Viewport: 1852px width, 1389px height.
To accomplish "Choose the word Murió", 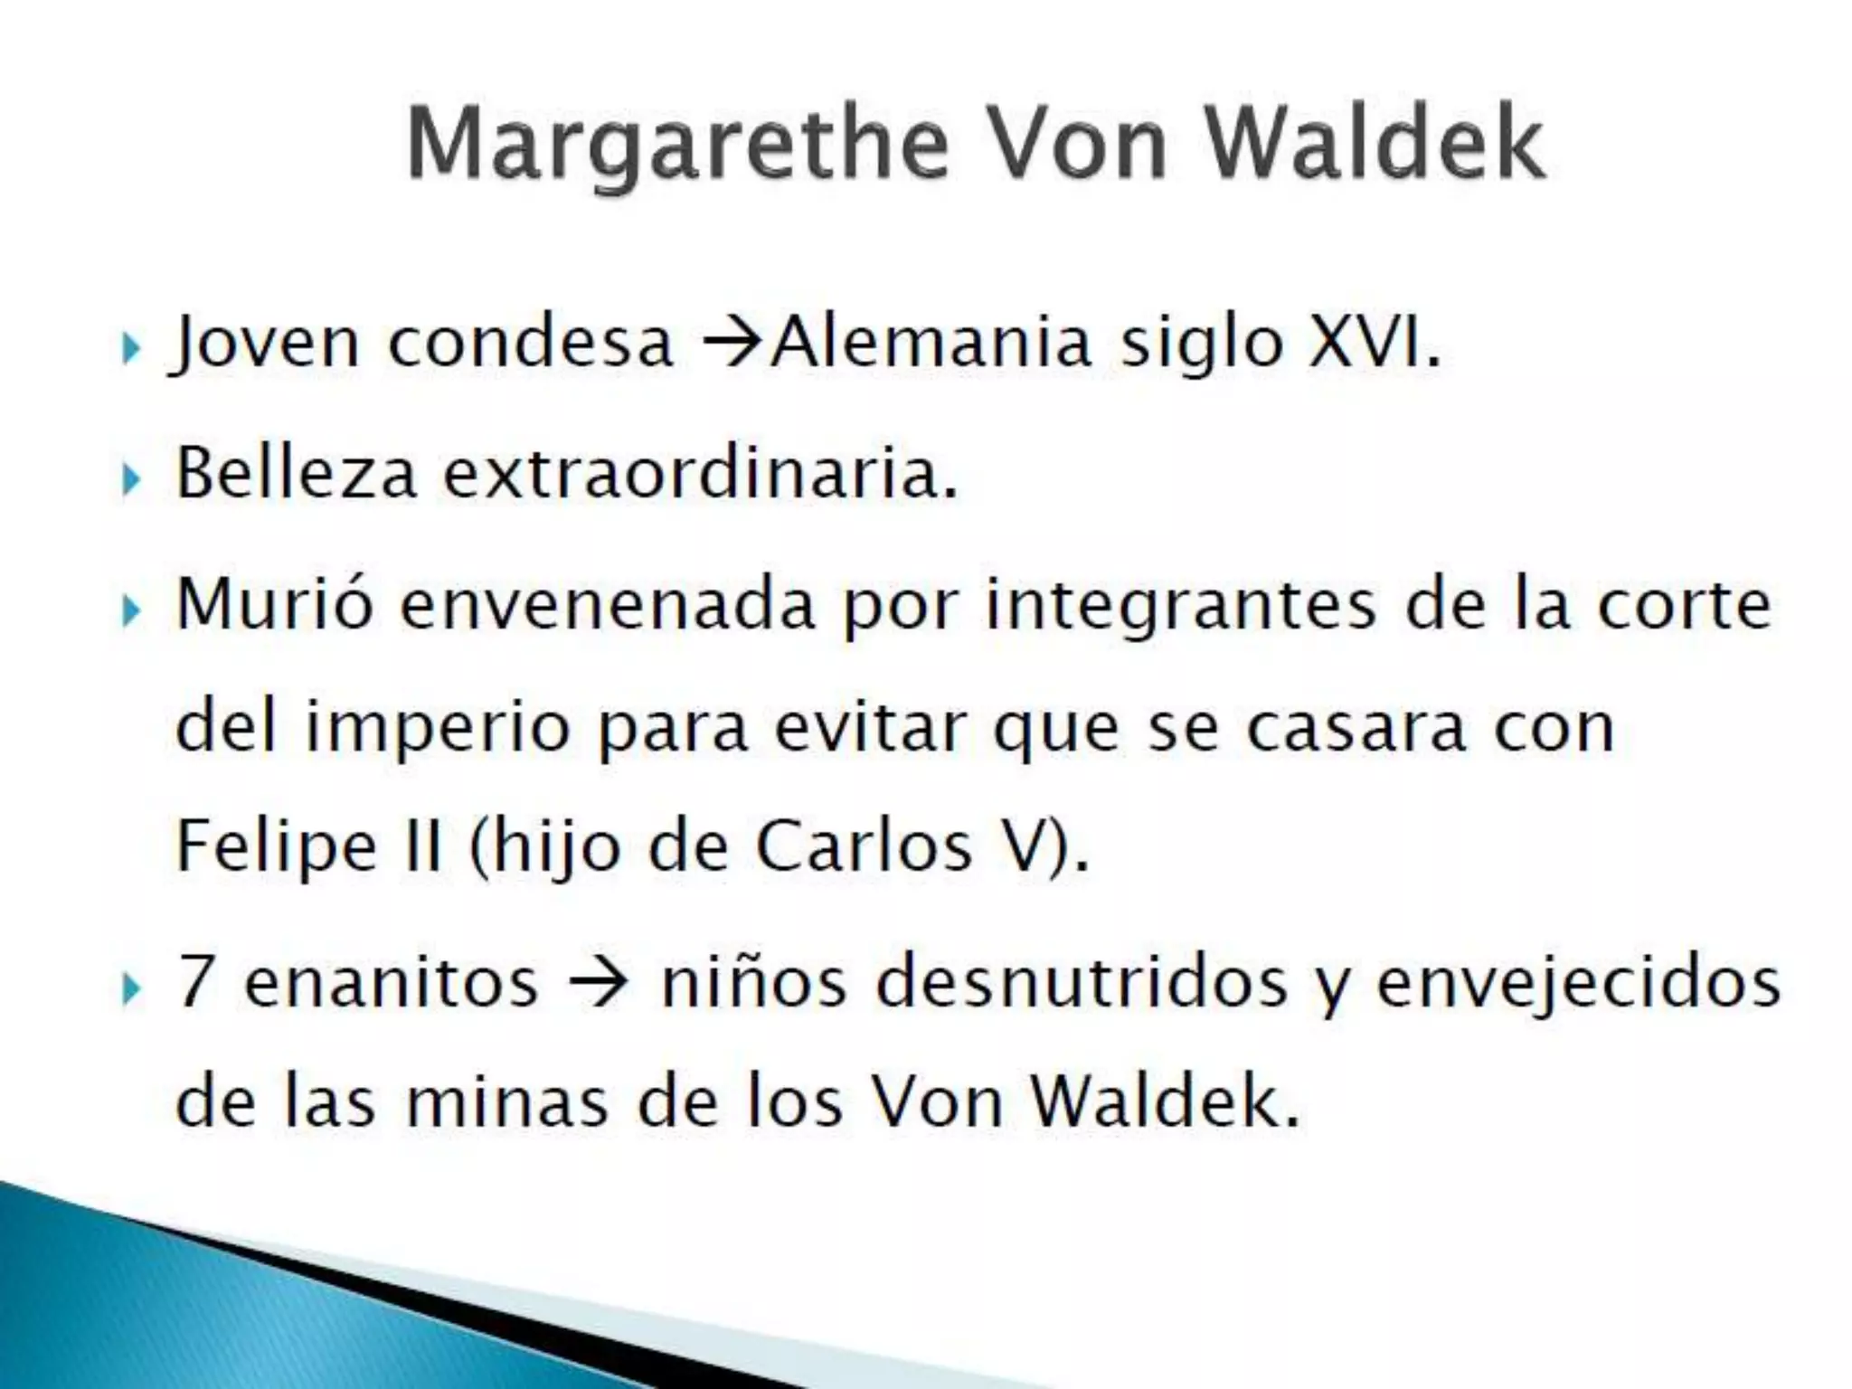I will pos(274,604).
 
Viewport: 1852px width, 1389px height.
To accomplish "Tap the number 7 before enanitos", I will pos(194,982).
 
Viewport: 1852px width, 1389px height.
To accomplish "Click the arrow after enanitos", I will pos(599,982).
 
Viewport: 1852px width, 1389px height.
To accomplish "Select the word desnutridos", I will pos(1082,982).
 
